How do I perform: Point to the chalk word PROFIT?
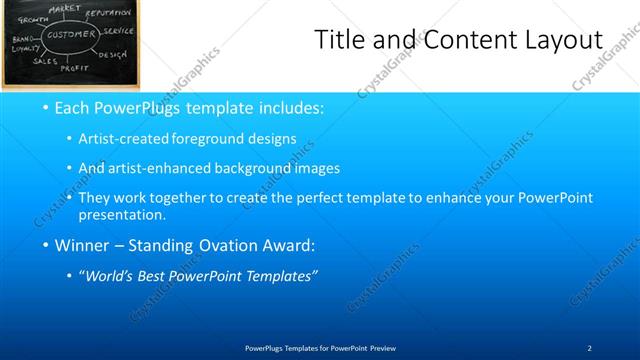point(75,68)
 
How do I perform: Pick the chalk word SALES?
point(45,61)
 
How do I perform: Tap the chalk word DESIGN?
point(112,54)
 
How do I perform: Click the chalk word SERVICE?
point(117,31)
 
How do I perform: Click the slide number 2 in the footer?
point(589,346)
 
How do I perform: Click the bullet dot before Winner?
point(46,245)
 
